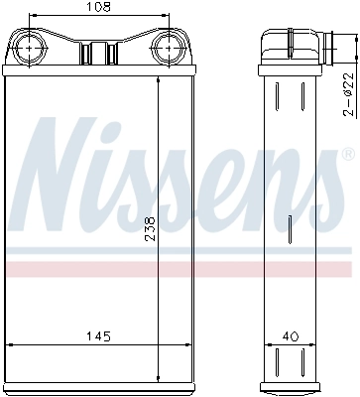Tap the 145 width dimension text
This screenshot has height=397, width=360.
tap(96, 336)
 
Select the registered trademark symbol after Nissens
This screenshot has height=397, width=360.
tap(347, 156)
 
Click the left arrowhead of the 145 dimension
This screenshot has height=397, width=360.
tap(11, 345)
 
